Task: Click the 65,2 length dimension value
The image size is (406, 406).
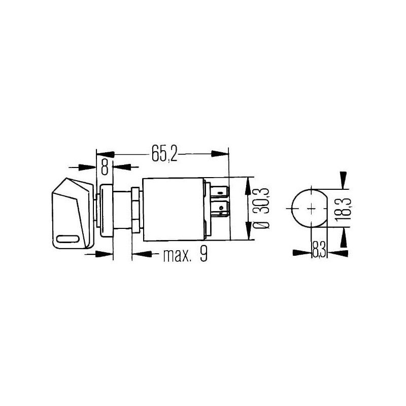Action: click(x=164, y=153)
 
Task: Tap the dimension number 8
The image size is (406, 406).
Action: click(x=105, y=167)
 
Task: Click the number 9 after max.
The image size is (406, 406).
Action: click(x=204, y=254)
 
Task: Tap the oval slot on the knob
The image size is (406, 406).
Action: click(x=68, y=239)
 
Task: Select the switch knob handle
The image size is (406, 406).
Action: click(x=73, y=213)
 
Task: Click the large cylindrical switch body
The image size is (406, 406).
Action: click(x=174, y=210)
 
